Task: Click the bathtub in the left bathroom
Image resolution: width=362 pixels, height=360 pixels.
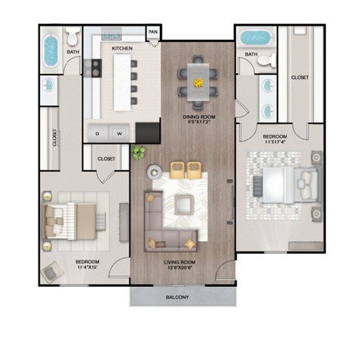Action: tap(51, 50)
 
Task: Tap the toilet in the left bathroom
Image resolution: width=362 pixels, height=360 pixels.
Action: tap(72, 37)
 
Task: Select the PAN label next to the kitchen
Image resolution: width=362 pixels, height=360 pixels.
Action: tap(153, 32)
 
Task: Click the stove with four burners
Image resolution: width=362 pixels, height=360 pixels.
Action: tap(94, 69)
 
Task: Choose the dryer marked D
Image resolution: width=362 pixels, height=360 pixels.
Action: tap(98, 133)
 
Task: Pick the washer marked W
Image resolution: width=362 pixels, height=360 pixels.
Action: tap(119, 133)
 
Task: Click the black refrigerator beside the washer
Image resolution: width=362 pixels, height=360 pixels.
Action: tap(148, 132)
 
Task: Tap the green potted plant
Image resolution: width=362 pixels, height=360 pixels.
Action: tap(138, 153)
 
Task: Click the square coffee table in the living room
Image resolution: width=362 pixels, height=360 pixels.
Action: tap(183, 203)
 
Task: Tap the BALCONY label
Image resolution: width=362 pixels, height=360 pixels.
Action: tap(179, 297)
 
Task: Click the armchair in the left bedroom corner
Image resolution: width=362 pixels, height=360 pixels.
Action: tap(52, 271)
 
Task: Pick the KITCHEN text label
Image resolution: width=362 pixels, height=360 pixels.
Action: tap(123, 47)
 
